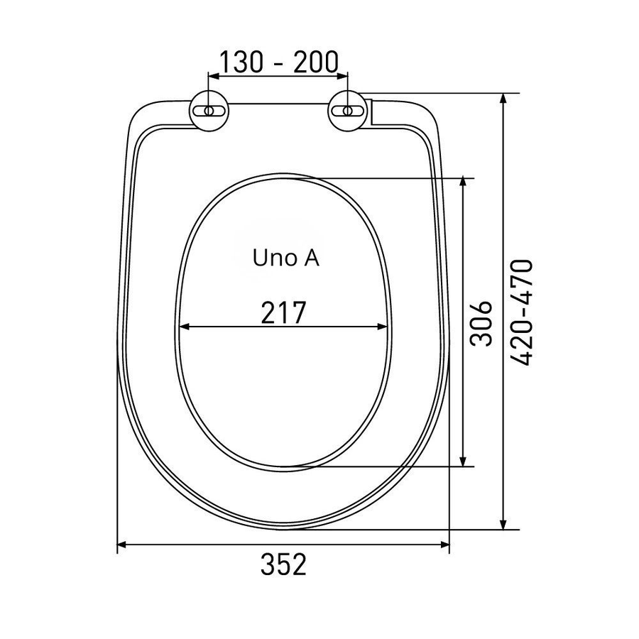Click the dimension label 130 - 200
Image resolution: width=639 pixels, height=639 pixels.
279,62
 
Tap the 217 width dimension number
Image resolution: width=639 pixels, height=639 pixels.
283,312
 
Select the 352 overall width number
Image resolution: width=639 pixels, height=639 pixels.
283,564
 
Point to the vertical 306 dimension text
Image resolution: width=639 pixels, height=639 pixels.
481,324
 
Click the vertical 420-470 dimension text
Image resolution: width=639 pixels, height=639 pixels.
522,312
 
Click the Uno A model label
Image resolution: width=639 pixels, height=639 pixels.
285,258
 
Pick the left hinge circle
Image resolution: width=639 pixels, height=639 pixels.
209,111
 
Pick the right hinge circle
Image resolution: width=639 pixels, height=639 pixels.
348,111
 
